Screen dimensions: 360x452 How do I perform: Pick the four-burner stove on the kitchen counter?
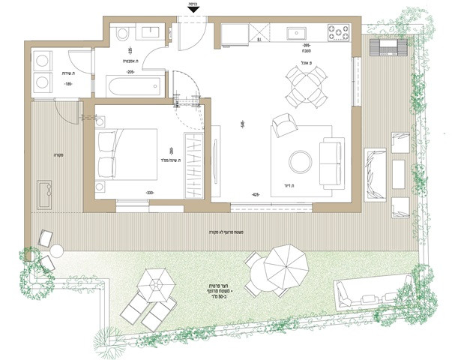[x=337, y=32]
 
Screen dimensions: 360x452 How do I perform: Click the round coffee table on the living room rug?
[x=299, y=160]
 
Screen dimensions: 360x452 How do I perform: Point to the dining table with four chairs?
[x=306, y=85]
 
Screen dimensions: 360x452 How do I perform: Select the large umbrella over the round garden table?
[x=286, y=263]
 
